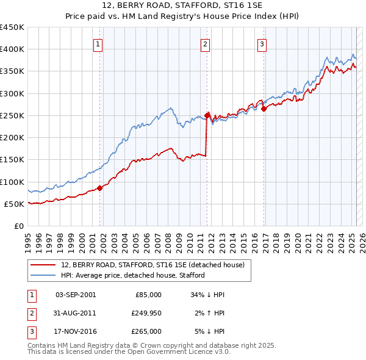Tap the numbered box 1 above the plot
[98, 43]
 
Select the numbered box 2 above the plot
[206, 43]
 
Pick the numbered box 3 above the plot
[262, 43]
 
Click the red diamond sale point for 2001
[100, 188]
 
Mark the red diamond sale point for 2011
[207, 115]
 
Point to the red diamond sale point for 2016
[264, 109]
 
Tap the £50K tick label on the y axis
[14, 204]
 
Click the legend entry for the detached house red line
[152, 265]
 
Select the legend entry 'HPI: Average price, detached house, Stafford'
[132, 276]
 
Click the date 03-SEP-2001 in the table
[75, 294]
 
